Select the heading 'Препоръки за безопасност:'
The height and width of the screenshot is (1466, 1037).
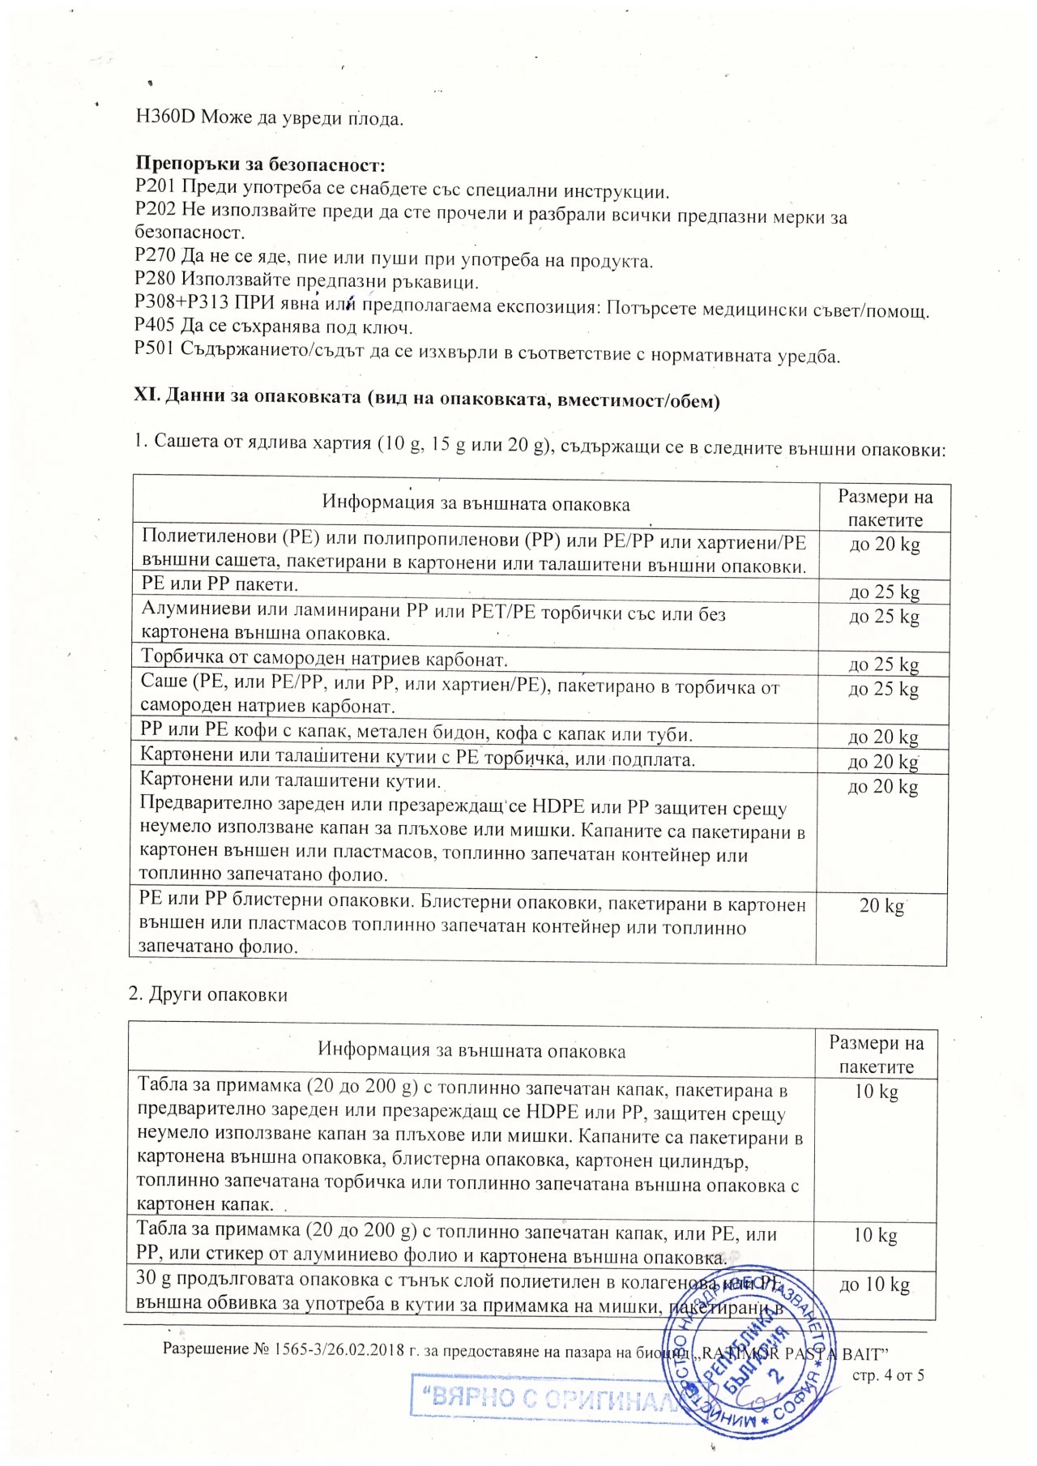[x=259, y=165]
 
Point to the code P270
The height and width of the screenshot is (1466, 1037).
[x=155, y=258]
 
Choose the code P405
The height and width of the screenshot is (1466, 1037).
[x=155, y=327]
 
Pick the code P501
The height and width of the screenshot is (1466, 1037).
[x=154, y=349]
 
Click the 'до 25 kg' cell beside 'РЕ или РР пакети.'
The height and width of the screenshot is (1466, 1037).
[x=884, y=592]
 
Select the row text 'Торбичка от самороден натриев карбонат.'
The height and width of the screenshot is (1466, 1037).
[x=324, y=658]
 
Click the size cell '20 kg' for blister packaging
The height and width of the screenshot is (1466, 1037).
[x=881, y=905]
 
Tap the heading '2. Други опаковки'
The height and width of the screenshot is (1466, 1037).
[x=208, y=994]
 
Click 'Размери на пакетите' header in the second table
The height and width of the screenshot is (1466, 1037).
[x=876, y=1054]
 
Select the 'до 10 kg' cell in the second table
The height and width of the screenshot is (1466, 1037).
[x=875, y=1285]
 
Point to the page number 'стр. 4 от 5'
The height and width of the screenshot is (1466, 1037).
[x=888, y=1375]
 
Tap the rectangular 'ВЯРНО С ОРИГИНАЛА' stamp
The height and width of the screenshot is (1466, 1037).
[x=544, y=1396]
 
